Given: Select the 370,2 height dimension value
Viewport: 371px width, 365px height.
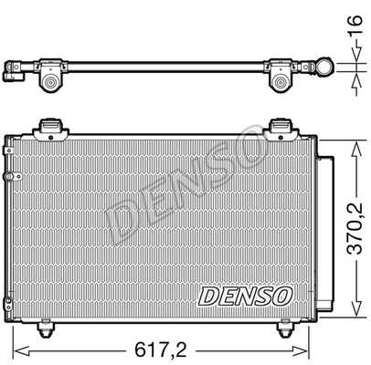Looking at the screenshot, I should coord(352,222).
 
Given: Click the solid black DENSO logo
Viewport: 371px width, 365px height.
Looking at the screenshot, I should coord(244,295).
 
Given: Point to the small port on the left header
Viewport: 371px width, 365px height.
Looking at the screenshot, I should coord(8,174).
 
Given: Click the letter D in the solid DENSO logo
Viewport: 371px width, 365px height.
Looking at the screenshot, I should coord(207,295).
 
